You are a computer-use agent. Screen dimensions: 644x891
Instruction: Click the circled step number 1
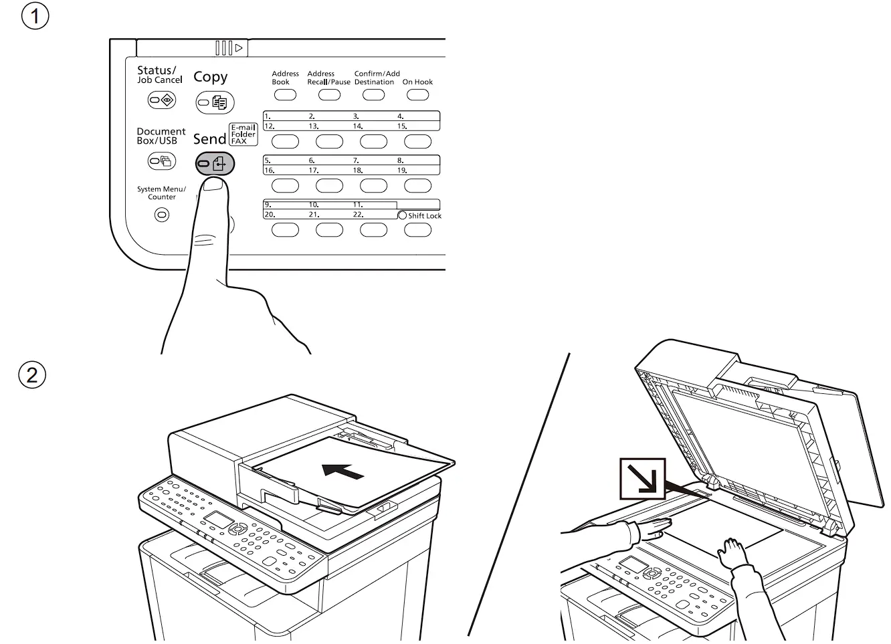pyautogui.click(x=35, y=16)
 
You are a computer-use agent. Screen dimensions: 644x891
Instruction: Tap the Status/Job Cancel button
pyautogui.click(x=161, y=100)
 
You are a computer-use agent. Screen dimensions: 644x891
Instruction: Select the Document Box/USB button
pyautogui.click(x=161, y=161)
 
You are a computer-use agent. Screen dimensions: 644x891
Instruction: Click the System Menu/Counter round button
pyautogui.click(x=161, y=215)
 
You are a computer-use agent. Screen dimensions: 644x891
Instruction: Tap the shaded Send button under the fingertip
pyautogui.click(x=214, y=163)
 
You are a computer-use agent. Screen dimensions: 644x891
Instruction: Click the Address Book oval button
pyautogui.click(x=285, y=94)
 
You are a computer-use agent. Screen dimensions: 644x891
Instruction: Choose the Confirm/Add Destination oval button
pyautogui.click(x=373, y=94)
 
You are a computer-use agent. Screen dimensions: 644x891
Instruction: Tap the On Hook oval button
pyautogui.click(x=417, y=94)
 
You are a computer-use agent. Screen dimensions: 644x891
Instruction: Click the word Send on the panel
pyautogui.click(x=209, y=139)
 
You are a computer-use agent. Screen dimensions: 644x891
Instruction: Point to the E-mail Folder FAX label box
pyautogui.click(x=243, y=134)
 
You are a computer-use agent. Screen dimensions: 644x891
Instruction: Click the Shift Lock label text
pyautogui.click(x=425, y=216)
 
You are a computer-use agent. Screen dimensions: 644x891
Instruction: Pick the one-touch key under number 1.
pyautogui.click(x=285, y=141)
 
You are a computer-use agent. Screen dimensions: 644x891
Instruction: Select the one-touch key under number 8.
pyautogui.click(x=417, y=185)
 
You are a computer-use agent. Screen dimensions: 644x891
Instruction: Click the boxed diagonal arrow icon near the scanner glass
pyautogui.click(x=642, y=478)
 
